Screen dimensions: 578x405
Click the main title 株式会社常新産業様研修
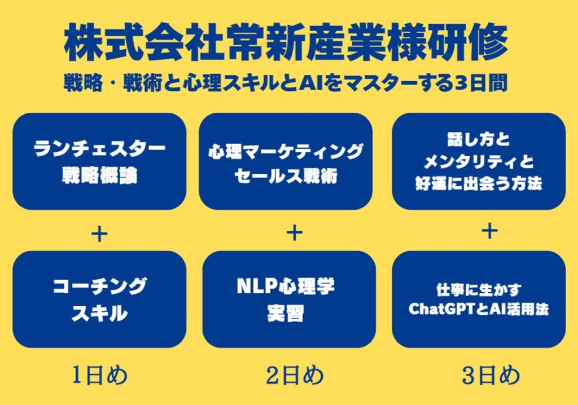coord(286,42)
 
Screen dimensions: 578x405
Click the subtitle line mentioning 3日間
coord(286,83)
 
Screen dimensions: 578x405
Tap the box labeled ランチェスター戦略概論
coord(99,161)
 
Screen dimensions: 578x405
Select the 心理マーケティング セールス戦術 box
coord(286,161)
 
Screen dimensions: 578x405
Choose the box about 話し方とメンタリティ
coord(479,161)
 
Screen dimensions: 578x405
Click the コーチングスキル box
coord(99,299)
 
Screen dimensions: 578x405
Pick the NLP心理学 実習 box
coord(289,299)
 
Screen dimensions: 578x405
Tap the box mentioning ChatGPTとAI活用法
coord(479,299)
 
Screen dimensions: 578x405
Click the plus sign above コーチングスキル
coord(99,234)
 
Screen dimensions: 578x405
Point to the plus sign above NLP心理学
coord(295,232)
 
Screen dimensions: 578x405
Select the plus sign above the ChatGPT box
coord(489,231)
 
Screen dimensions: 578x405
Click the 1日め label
coord(99,376)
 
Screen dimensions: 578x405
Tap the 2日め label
coord(295,376)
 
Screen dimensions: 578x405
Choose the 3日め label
coord(491,376)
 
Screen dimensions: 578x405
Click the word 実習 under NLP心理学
coord(286,314)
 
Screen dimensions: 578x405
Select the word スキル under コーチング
coord(99,314)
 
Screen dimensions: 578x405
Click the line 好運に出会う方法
coord(479,183)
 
